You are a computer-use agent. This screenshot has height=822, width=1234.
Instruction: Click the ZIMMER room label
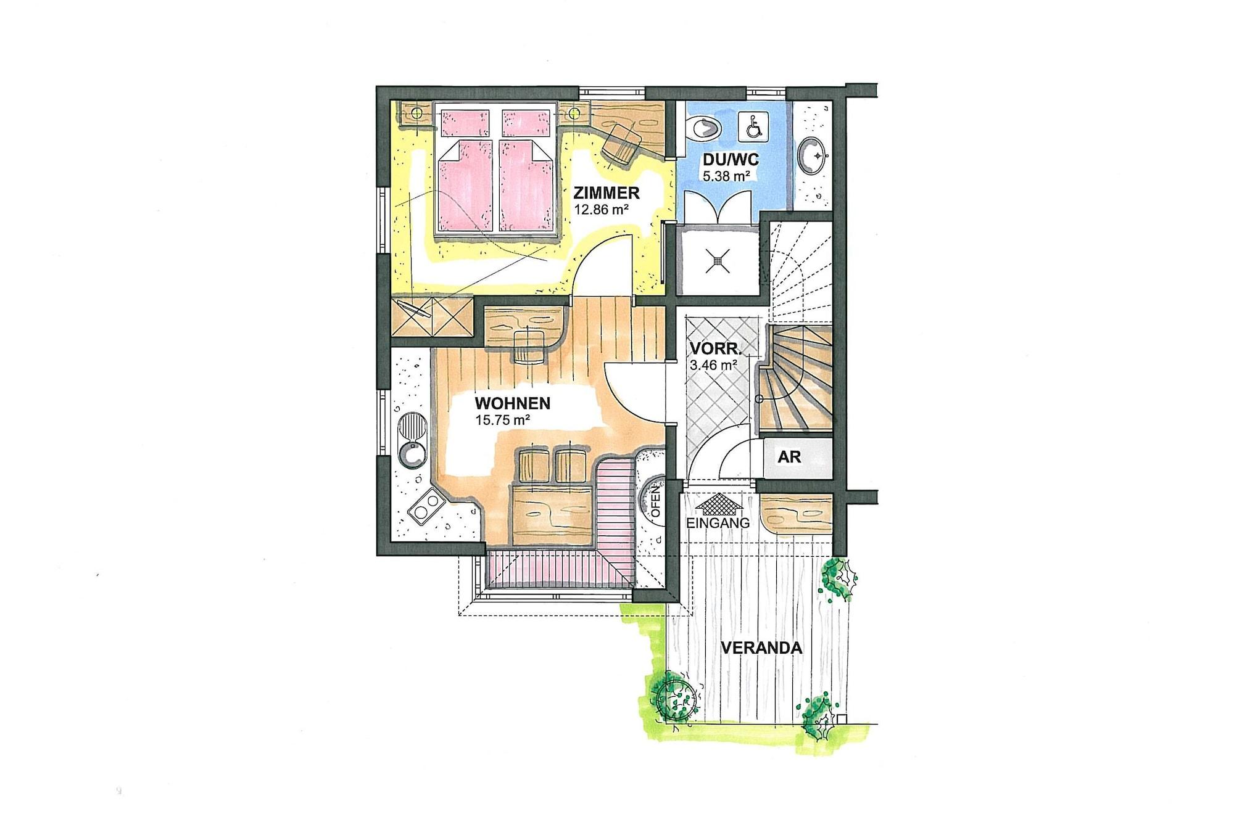606,193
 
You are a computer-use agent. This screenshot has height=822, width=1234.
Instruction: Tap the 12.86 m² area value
601,210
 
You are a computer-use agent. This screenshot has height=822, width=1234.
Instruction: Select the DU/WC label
731,160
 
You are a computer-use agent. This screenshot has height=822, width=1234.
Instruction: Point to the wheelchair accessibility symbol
753,125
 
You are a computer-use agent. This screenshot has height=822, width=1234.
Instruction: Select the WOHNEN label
512,404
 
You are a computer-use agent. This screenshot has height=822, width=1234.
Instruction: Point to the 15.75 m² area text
503,421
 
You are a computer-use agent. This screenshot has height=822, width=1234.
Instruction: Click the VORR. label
715,348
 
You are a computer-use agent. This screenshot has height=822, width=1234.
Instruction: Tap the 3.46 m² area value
714,365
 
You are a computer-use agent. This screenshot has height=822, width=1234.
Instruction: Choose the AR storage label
790,457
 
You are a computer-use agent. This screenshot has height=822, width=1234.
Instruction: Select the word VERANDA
761,648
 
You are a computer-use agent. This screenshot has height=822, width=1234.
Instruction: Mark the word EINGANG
718,523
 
